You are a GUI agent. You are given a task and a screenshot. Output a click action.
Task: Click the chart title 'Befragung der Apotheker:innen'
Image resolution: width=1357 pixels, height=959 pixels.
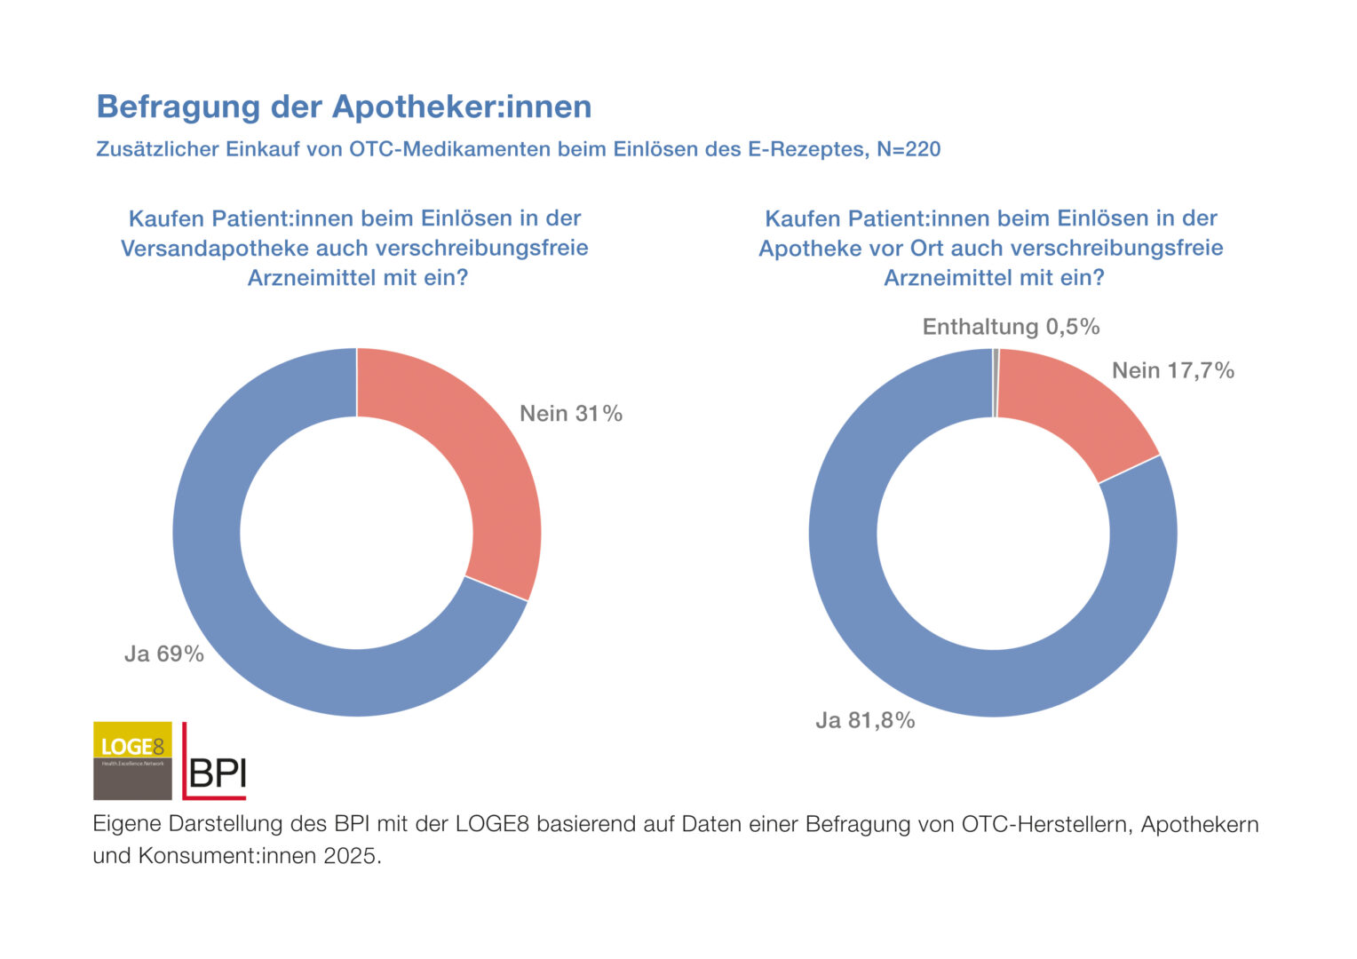344,107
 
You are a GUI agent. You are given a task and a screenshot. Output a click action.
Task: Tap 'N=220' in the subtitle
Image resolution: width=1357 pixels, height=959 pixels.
909,149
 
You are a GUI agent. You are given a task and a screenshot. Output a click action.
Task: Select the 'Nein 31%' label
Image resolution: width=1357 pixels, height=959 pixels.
571,414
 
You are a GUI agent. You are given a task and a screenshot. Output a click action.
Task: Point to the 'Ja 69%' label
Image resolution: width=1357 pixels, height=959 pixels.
164,654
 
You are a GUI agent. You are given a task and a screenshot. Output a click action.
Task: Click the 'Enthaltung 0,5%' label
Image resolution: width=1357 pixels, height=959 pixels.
1011,327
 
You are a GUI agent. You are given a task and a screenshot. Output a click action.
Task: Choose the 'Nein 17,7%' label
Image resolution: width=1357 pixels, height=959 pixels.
1173,370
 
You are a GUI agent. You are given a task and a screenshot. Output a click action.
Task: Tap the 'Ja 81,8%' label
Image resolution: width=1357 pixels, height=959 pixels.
865,720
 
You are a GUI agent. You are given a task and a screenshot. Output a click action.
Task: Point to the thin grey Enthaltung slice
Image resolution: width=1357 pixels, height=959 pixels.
996,383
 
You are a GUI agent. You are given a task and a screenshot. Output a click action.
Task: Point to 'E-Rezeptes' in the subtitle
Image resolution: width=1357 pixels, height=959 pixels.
808,149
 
